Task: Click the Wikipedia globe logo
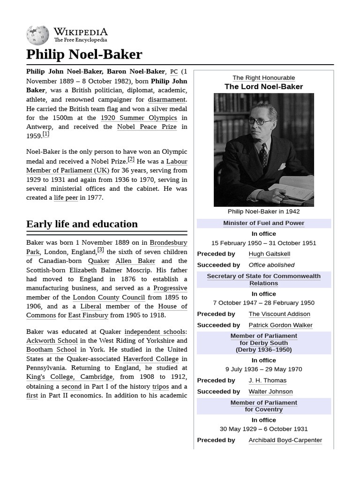point(37,35)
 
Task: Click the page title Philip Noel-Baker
point(84,54)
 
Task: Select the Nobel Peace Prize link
point(147,127)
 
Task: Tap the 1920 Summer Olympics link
point(139,118)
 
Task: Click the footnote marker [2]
point(131,159)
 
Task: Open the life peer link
point(66,198)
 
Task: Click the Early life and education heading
point(82,224)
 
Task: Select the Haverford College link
point(150,359)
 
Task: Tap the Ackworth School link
point(51,341)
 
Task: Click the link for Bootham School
point(51,350)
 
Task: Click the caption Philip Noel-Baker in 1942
point(263,211)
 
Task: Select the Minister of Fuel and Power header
point(263,223)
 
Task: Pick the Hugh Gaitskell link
point(269,254)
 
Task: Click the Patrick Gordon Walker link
point(280,325)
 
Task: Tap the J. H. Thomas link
point(267,381)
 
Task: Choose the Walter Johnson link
point(270,392)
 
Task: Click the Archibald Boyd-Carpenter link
point(285,441)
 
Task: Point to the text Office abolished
point(271,265)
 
